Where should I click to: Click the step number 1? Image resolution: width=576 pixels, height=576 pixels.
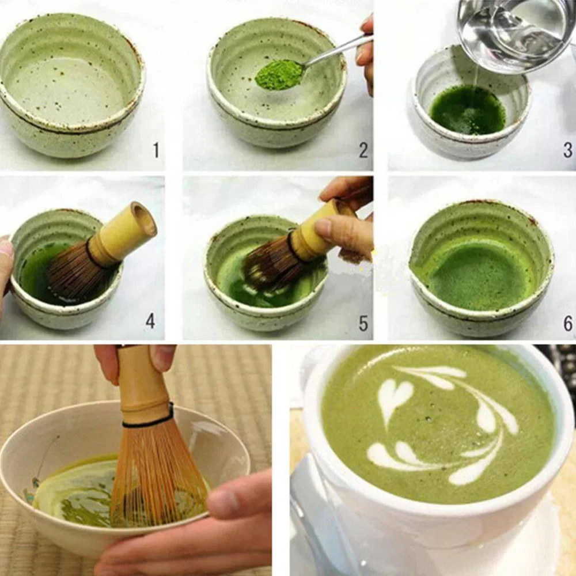click(156, 150)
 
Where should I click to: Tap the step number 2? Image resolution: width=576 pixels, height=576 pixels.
click(363, 150)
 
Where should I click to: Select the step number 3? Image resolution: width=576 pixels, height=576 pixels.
click(568, 150)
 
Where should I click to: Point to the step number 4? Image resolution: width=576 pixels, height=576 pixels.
click(150, 321)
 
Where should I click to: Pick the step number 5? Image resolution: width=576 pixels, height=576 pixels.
click(363, 323)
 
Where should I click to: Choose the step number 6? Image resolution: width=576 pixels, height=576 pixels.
click(568, 324)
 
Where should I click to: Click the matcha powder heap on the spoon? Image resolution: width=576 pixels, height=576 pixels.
click(279, 75)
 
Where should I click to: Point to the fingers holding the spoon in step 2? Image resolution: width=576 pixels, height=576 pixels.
click(366, 52)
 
